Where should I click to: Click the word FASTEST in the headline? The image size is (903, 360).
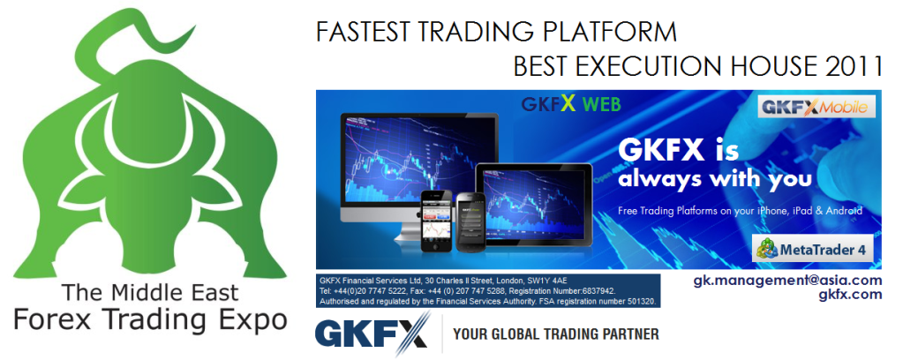363,32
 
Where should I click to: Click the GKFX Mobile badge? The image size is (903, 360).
816,107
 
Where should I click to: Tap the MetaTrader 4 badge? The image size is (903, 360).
813,249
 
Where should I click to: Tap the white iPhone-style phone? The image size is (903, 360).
438,221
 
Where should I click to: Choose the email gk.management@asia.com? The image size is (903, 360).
787,281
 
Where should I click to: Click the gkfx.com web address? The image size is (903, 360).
850,295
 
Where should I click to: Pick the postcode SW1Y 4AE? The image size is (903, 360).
552,280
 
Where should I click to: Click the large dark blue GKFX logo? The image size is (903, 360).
372,334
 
